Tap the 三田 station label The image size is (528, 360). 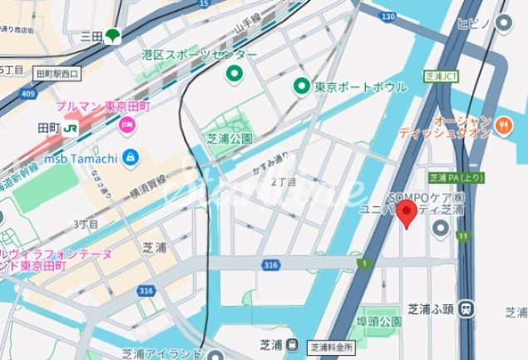click(91, 36)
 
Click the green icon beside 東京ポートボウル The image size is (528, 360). click(302, 86)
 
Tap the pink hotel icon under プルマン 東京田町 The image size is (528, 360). click(127, 126)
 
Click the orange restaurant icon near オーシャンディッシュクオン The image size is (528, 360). click(502, 126)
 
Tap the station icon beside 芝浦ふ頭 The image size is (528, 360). click(467, 308)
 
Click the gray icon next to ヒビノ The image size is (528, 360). click(503, 24)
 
